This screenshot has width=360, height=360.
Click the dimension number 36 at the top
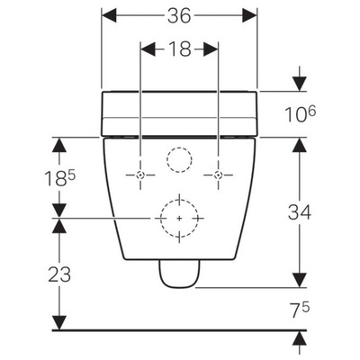tap(179, 16)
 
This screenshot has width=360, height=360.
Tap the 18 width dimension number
tap(179, 49)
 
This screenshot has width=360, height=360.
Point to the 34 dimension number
tap(300, 212)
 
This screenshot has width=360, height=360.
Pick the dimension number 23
tap(59, 274)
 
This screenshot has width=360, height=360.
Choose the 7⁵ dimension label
tap(300, 310)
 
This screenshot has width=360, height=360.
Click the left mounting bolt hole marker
tap(140, 175)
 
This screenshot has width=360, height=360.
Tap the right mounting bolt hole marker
tap(219, 175)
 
